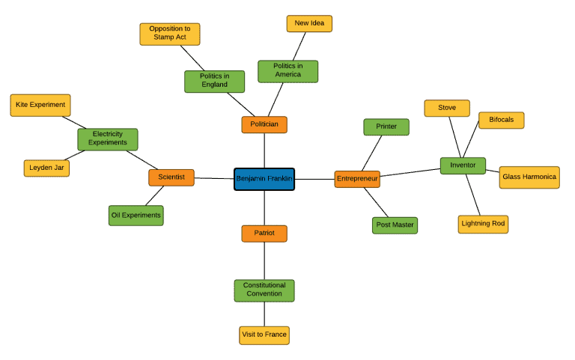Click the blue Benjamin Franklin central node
pos(264,179)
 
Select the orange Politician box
pos(264,124)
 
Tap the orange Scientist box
pos(171,177)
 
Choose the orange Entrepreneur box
pos(357,179)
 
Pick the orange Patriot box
pos(264,234)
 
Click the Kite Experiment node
pos(40,105)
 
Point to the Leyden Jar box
pos(46,168)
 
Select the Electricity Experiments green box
pos(108,138)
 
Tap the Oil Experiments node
pos(136,216)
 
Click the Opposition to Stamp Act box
pos(170,34)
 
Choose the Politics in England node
pos(214,81)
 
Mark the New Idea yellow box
pos(309,24)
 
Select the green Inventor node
pos(463,165)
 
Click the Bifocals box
pos(501,120)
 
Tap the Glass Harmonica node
pos(529,177)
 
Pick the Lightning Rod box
pos(483,224)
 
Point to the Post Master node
pos(395,225)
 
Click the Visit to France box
pos(264,335)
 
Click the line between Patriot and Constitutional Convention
pos(264,261)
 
